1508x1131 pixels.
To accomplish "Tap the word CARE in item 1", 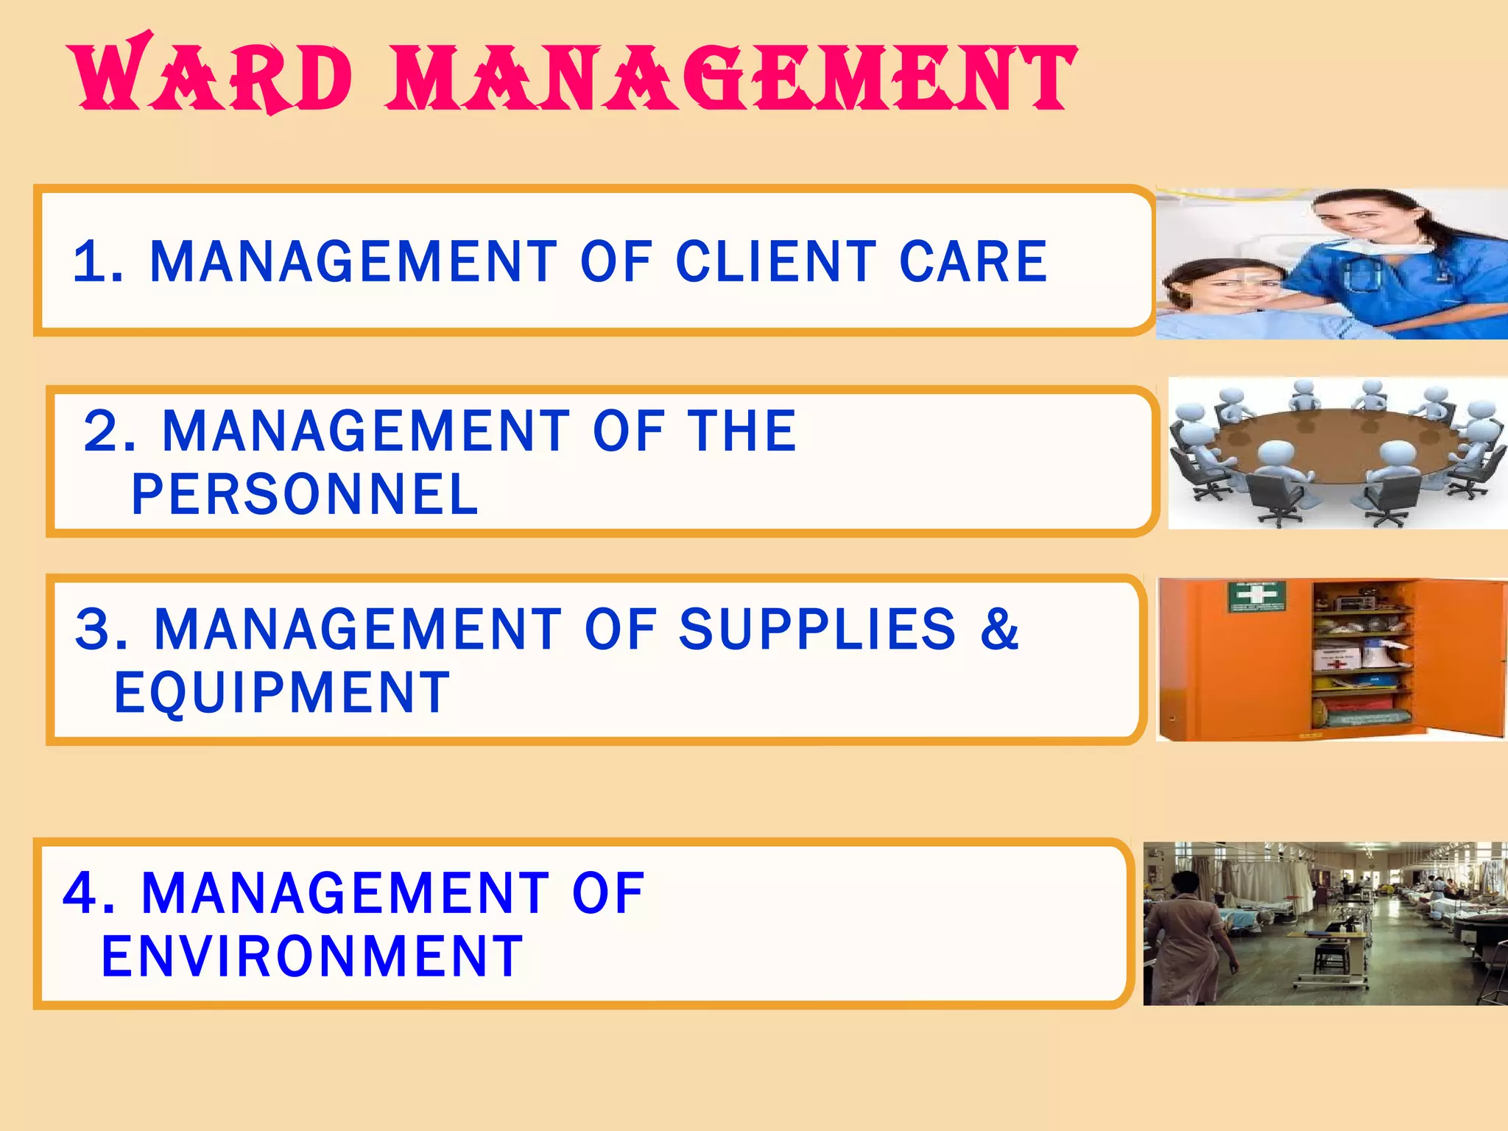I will (973, 262).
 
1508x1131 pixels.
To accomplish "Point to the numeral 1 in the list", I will (92, 262).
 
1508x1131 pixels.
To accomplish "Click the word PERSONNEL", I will (305, 494).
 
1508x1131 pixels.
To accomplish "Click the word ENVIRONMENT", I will (312, 956).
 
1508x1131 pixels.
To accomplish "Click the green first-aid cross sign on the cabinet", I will (1256, 595).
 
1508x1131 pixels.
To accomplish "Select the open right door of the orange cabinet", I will (1462, 655).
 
